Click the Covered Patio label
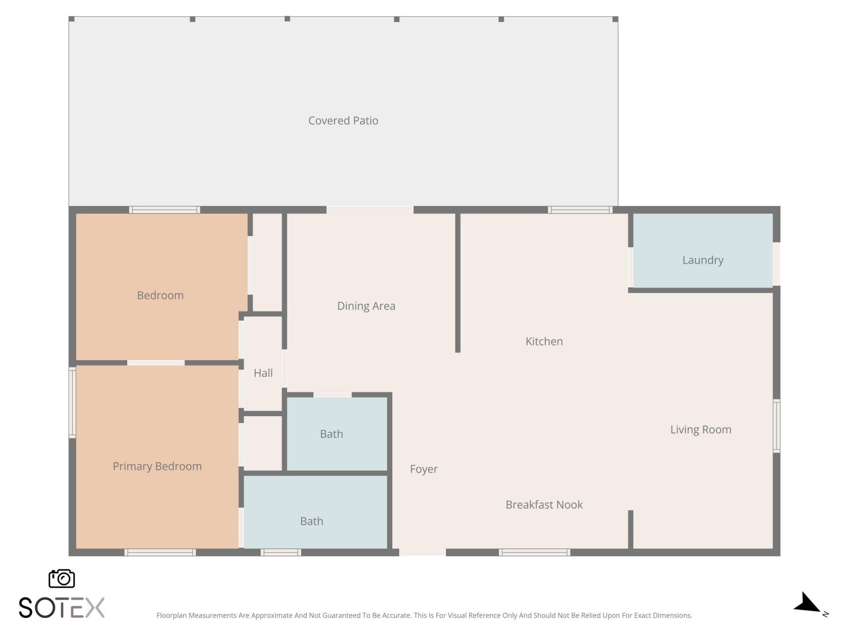(343, 121)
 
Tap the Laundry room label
(703, 260)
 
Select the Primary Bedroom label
(157, 466)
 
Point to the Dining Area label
(366, 306)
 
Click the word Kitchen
(544, 342)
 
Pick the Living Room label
(701, 430)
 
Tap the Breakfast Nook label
(544, 505)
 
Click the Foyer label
(424, 469)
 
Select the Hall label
(263, 373)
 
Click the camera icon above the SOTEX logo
(61, 579)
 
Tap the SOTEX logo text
(61, 608)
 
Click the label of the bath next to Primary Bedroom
(311, 522)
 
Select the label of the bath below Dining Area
(331, 434)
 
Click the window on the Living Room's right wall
(776, 426)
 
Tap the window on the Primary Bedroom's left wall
(72, 403)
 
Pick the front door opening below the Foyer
(422, 552)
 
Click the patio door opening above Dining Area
(370, 210)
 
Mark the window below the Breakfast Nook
(535, 552)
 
